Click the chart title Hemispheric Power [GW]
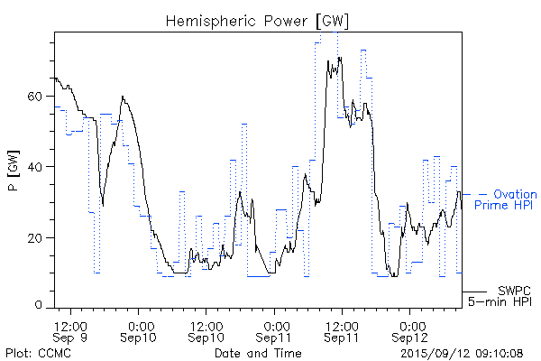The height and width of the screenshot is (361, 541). point(258,20)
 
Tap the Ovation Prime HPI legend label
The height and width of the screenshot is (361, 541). point(508,200)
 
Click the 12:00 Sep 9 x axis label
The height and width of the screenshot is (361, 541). point(71,330)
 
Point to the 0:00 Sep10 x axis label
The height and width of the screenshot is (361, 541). point(139,330)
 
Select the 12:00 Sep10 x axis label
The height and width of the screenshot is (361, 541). point(206,330)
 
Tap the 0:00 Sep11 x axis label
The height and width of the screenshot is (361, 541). point(275,330)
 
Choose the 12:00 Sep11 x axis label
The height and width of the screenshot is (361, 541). point(343,330)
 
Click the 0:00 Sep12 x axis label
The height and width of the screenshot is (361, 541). point(411,330)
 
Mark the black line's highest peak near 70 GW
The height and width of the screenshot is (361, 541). point(340,58)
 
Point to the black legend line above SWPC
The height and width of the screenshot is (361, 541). point(474,292)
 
